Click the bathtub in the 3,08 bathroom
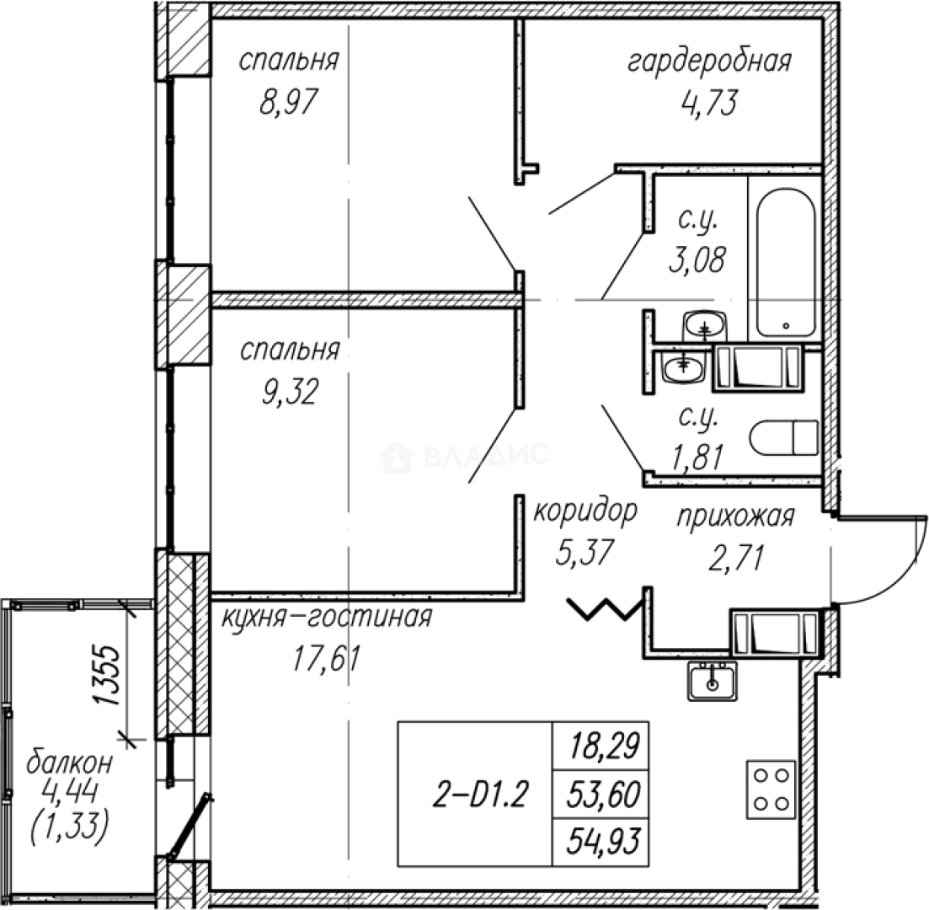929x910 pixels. [785, 261]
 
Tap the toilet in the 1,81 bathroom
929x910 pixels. [784, 439]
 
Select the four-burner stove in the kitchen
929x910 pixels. [770, 789]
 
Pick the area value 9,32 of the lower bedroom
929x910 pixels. [288, 391]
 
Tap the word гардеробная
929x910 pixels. [708, 62]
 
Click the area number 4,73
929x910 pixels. [708, 103]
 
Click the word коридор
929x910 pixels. [585, 510]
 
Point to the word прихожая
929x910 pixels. [736, 516]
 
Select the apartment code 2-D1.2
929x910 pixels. [476, 794]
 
